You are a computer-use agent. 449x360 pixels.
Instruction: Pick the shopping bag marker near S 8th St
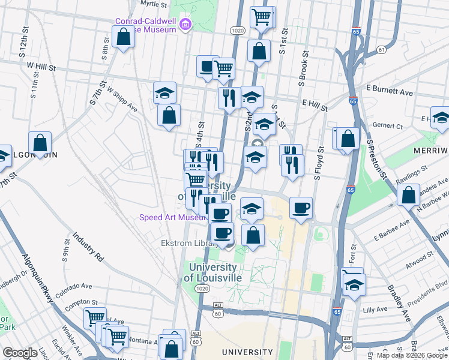pyautogui.click(x=123, y=37)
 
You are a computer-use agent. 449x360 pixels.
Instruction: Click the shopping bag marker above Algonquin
pyautogui.click(x=40, y=143)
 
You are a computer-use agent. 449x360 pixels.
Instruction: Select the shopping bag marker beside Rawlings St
pyautogui.click(x=408, y=195)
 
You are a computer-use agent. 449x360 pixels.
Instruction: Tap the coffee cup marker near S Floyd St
pyautogui.click(x=301, y=208)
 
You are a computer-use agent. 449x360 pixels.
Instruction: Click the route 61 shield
pyautogui.click(x=382, y=49)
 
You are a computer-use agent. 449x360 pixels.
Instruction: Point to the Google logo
pyautogui.click(x=20, y=353)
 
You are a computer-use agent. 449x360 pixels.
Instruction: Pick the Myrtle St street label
pyautogui.click(x=153, y=4)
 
